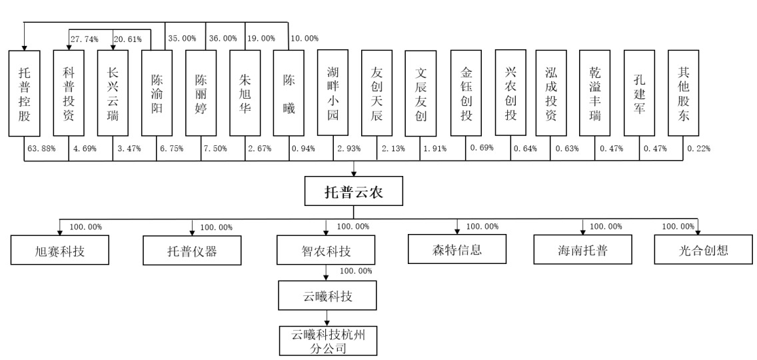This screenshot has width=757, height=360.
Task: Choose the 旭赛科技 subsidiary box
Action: pos(60,251)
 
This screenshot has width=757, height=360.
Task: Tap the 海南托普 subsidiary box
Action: pos(582,251)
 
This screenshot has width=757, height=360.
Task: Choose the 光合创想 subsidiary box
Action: pos(698,251)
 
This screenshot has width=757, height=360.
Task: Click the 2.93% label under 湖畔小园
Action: pos(347,147)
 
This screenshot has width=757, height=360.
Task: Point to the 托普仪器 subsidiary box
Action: pos(191,251)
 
